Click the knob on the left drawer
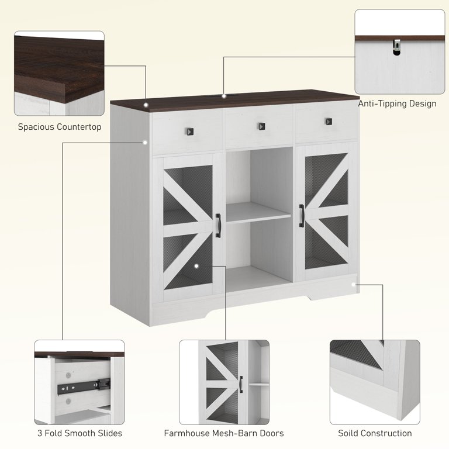click(190, 132)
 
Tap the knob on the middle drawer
click(261, 126)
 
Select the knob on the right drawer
click(329, 122)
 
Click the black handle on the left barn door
click(218, 225)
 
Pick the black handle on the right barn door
click(301, 216)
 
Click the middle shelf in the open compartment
click(258, 212)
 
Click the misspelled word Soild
click(347, 433)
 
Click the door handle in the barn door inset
click(241, 384)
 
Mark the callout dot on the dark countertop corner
click(146, 105)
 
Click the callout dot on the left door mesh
click(196, 266)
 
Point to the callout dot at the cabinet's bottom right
click(354, 284)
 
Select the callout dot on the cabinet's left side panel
click(145, 142)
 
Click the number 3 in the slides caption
click(40, 433)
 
